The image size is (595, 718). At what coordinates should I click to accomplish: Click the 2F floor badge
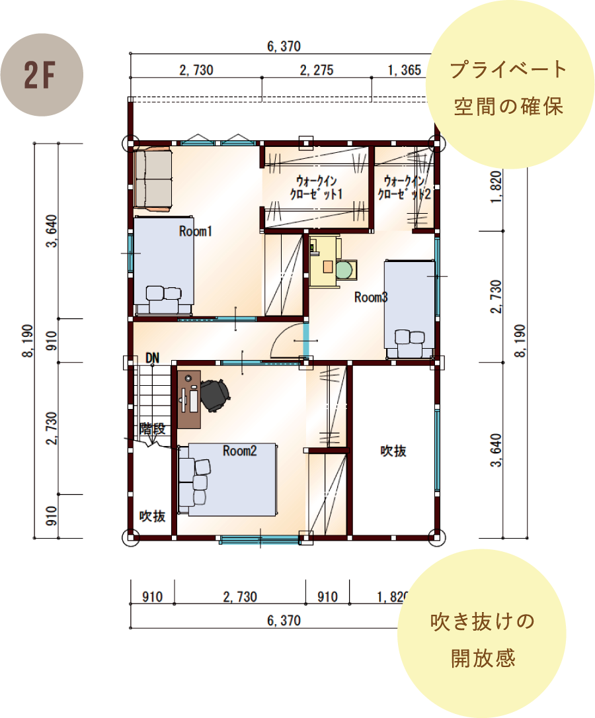[x=42, y=75]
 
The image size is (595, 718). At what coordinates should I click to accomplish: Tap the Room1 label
[x=196, y=231]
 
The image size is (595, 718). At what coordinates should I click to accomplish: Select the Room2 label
[x=239, y=451]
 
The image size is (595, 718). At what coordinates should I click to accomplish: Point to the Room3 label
[x=371, y=298]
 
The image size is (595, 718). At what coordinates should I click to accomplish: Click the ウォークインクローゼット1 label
[x=316, y=187]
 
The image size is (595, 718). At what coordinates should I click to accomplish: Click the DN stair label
[x=152, y=357]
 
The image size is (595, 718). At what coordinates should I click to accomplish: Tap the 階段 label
[x=152, y=429]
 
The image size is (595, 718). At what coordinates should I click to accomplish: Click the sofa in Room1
[x=153, y=179]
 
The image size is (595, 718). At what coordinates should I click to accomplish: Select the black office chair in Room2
[x=214, y=396]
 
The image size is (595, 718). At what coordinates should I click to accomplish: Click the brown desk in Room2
[x=189, y=399]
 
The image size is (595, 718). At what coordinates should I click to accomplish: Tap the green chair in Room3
[x=346, y=270]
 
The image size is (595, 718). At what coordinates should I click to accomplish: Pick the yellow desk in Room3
[x=325, y=261]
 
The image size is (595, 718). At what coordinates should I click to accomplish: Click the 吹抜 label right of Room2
[x=393, y=451]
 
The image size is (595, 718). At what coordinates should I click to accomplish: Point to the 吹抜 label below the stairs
[x=152, y=516]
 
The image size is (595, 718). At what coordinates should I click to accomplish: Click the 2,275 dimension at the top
[x=317, y=70]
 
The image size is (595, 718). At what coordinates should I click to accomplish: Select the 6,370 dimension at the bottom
[x=284, y=621]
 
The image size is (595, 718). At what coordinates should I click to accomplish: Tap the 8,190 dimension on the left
[x=28, y=341]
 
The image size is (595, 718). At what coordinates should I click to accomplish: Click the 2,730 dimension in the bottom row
[x=240, y=597]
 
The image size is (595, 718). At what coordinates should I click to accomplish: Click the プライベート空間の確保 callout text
[x=508, y=88]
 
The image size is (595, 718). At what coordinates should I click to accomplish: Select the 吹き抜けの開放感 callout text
[x=483, y=640]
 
